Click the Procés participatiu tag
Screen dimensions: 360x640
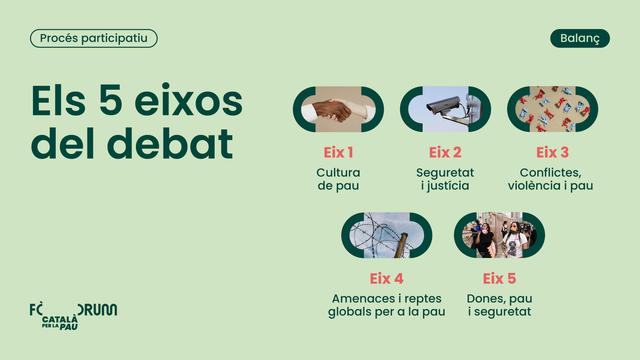coord(94,38)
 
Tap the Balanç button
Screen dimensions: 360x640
coord(580,38)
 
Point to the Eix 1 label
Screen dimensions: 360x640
coord(338,153)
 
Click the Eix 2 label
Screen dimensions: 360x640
coord(445,153)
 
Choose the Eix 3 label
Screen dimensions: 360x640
coord(552,153)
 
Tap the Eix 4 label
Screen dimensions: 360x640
coord(386,278)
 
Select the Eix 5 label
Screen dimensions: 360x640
coord(499,278)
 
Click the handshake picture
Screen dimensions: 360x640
coord(338,109)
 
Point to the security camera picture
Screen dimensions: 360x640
coord(445,109)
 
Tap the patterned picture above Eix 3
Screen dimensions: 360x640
coord(552,109)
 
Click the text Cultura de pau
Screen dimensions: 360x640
coord(338,179)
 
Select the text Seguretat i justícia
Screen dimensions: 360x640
coord(445,179)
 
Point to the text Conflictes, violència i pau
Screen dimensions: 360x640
coord(552,179)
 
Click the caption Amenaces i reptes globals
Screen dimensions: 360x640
coord(386,305)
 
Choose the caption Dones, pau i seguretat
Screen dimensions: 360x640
coord(499,305)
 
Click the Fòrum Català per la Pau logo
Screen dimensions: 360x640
coord(73,314)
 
